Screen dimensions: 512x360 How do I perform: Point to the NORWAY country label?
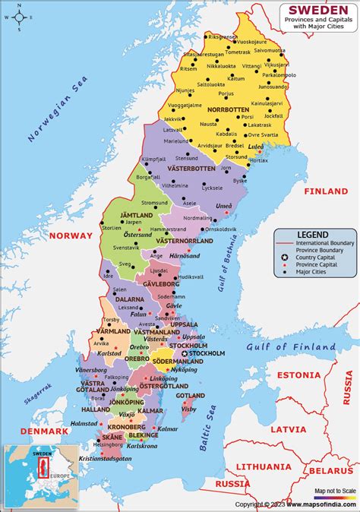coord(70,235)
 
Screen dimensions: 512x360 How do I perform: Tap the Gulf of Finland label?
coord(291,347)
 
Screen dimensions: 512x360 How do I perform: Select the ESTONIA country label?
coord(298,375)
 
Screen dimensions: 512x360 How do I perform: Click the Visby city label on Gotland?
coord(188,409)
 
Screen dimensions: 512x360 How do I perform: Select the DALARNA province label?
coord(130,299)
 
